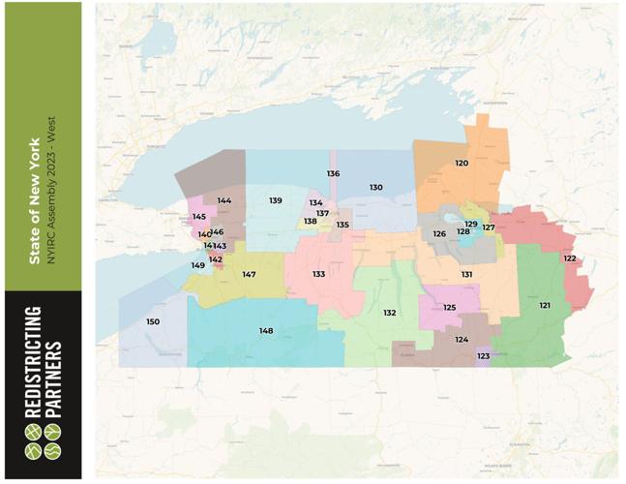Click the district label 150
pos(153,321)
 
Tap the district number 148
pos(266,331)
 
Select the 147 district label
pos(249,275)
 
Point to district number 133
pos(318,275)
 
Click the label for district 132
pos(389,313)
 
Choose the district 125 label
pos(449,307)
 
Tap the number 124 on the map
pos(462,340)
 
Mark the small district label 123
pos(484,356)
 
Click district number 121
pos(545,305)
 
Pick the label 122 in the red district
pos(570,258)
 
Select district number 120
pos(462,163)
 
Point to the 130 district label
pos(375,187)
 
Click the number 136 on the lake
pos(333,174)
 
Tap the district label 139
pos(276,200)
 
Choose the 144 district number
pos(224,200)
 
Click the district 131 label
pos(466,275)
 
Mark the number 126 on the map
pos(439,233)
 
